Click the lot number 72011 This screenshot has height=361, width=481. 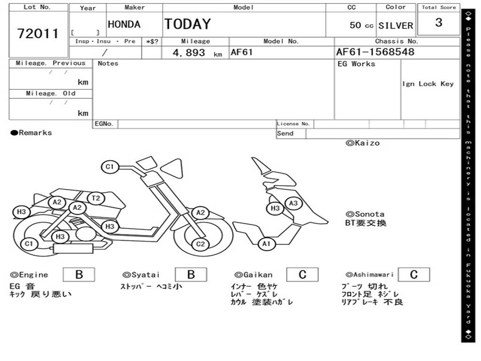[x=38, y=34]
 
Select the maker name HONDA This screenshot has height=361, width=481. [x=124, y=24]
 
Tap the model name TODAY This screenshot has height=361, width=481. [x=187, y=24]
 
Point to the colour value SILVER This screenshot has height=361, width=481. [x=396, y=25]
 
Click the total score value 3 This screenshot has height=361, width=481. [x=438, y=23]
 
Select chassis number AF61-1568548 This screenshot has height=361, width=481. [x=375, y=52]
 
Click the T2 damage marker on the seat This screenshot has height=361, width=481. [x=96, y=198]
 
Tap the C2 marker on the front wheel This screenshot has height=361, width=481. [x=201, y=244]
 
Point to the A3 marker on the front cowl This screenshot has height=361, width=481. [x=293, y=203]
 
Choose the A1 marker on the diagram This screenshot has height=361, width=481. [x=266, y=243]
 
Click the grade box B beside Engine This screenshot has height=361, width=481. [x=78, y=275]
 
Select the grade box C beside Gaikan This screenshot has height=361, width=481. [x=302, y=275]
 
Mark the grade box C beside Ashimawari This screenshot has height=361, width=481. [x=413, y=275]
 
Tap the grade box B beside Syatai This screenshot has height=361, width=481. [x=191, y=275]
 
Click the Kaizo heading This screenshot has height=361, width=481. [x=363, y=143]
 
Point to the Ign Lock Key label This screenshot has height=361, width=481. [x=427, y=84]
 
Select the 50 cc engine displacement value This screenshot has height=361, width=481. [x=361, y=25]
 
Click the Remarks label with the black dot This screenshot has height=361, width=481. [x=31, y=133]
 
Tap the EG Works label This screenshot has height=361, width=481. [x=357, y=64]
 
